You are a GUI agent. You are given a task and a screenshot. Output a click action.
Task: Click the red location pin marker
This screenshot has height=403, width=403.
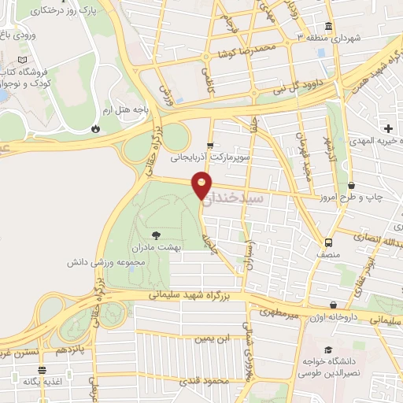[x=203, y=187]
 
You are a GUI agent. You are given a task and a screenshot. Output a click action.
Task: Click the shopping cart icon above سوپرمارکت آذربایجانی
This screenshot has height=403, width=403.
[x=209, y=146]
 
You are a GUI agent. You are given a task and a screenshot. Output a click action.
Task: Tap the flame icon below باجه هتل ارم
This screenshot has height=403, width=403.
[x=95, y=128]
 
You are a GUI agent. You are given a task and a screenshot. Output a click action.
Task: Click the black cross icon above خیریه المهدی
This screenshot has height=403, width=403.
[x=388, y=128]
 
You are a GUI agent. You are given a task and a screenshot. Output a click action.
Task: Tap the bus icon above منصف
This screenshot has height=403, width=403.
[x=331, y=244]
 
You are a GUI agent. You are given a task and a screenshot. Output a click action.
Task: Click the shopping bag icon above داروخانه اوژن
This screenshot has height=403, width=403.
[x=335, y=304]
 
